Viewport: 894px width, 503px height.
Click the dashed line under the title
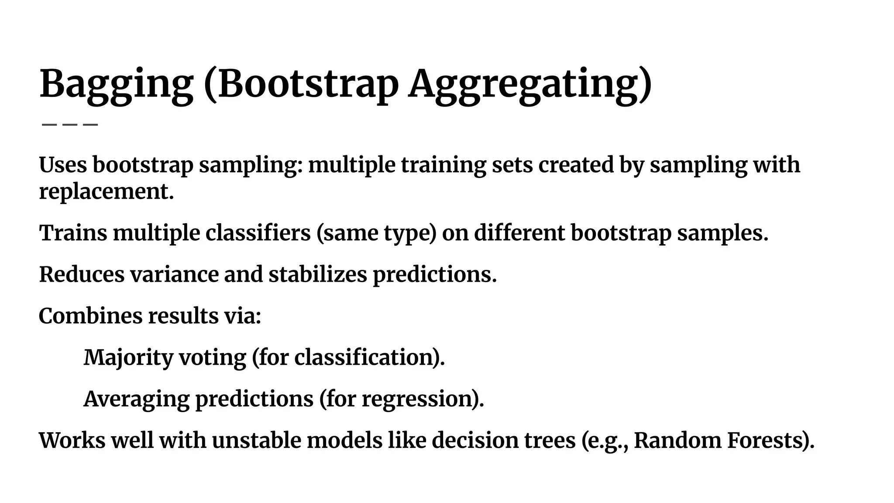pos(69,125)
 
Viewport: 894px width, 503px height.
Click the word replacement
pos(106,191)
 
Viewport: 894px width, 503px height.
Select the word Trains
pos(73,233)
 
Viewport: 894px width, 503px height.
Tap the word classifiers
pos(258,233)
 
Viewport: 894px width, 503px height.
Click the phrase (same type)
pos(376,233)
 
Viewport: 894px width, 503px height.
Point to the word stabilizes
pos(317,274)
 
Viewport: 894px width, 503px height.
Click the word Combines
pos(90,316)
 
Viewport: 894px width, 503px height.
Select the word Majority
pos(128,357)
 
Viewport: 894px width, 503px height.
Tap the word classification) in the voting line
pos(369,357)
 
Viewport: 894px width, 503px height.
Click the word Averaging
pos(136,399)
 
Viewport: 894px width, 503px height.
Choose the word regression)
pos(423,399)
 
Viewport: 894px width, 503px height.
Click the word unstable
pos(256,440)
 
